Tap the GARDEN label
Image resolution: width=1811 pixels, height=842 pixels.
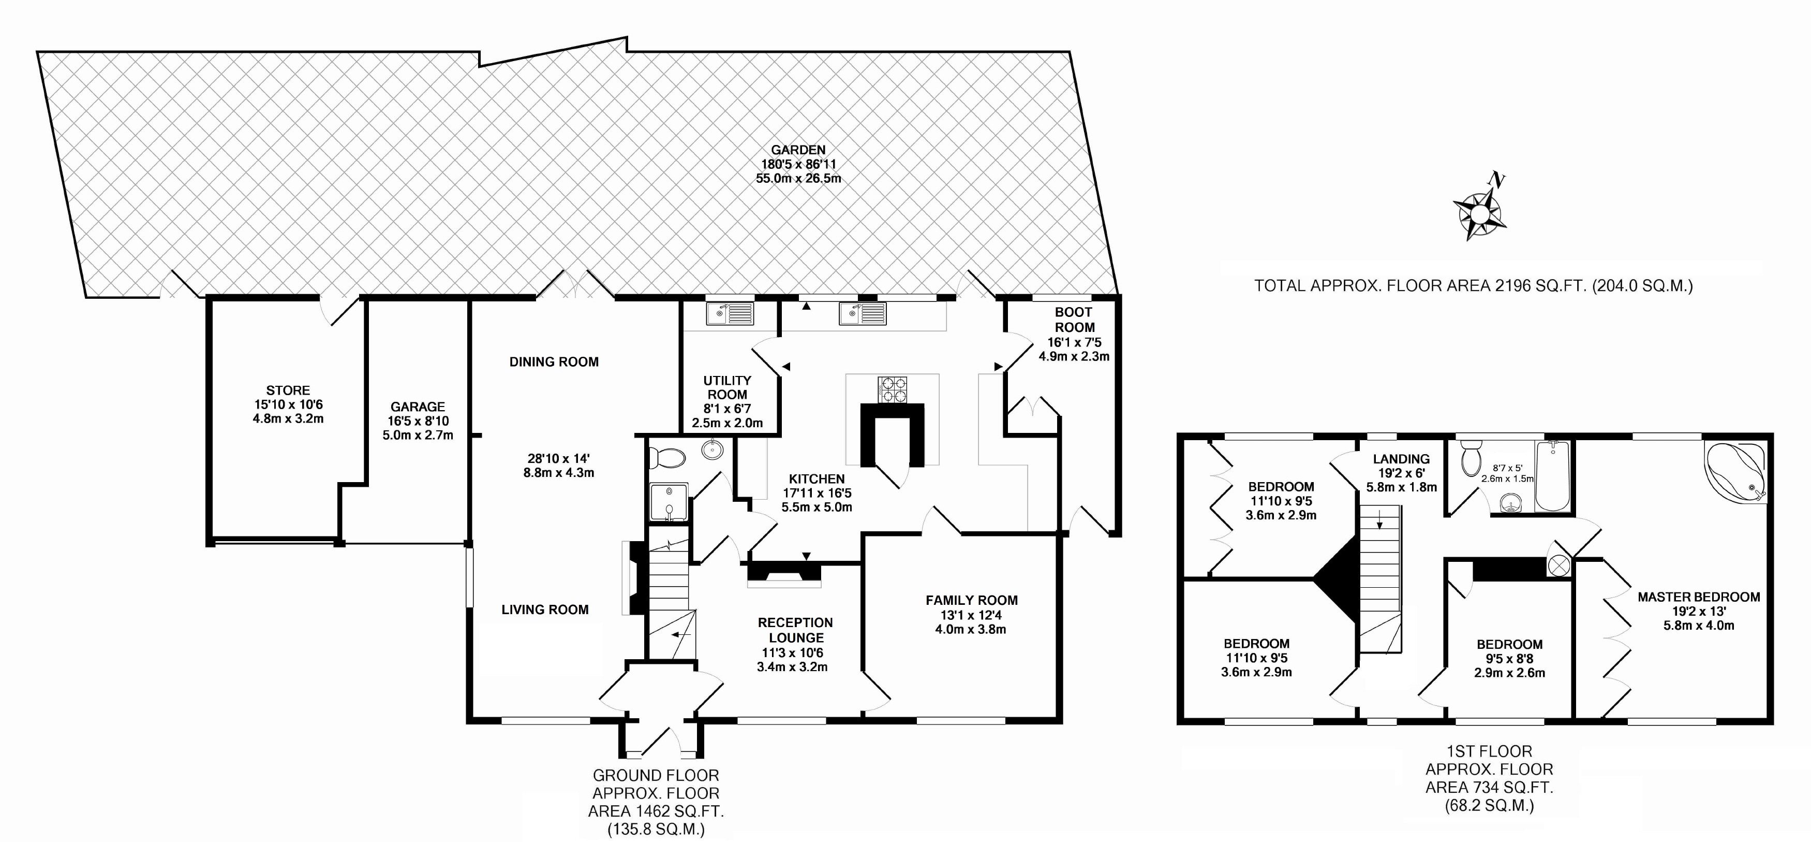(798, 150)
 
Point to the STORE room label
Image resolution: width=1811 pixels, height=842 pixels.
(288, 390)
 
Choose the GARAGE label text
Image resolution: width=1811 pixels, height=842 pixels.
(418, 407)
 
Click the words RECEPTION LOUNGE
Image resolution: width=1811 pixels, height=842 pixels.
(795, 630)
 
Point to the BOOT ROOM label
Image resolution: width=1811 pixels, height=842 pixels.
(1074, 320)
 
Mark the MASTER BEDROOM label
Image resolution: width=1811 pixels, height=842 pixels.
(1699, 597)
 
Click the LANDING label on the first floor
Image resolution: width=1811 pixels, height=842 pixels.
(1401, 459)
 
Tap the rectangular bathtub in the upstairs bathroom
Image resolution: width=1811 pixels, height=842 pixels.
(1552, 476)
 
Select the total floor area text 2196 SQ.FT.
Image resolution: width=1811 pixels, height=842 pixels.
(1474, 286)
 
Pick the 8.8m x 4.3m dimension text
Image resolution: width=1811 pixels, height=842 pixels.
(558, 473)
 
